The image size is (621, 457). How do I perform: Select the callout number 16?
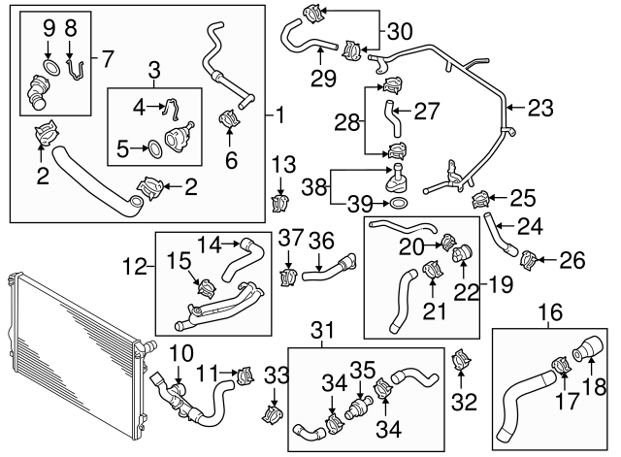549,312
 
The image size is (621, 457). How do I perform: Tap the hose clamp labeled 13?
280,202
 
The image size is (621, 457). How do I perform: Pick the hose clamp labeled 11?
244,373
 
